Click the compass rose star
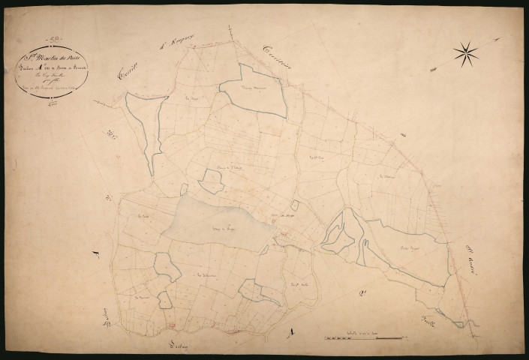tap(465, 52)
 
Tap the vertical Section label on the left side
tap(104, 323)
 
